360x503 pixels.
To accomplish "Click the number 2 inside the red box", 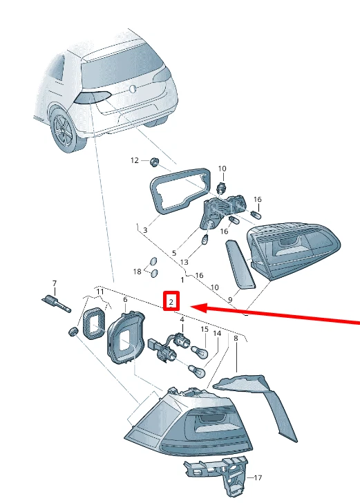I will click(171, 302).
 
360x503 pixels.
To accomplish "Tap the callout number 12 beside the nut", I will click(135, 160).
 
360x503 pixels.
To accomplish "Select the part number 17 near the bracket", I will click(258, 477).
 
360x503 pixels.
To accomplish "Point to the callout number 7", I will click(55, 284).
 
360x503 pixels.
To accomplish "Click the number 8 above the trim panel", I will click(236, 339).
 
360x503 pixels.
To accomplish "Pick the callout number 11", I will click(100, 293).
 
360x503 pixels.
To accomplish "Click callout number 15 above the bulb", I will click(204, 330).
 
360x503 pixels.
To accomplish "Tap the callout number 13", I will click(184, 263).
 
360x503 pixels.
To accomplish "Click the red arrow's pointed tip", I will click(190, 306).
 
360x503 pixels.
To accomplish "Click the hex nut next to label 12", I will click(155, 162).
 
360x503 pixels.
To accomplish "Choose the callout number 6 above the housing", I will click(125, 299).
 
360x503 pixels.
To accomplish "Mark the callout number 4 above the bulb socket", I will click(182, 320).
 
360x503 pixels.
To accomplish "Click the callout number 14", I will click(217, 334).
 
